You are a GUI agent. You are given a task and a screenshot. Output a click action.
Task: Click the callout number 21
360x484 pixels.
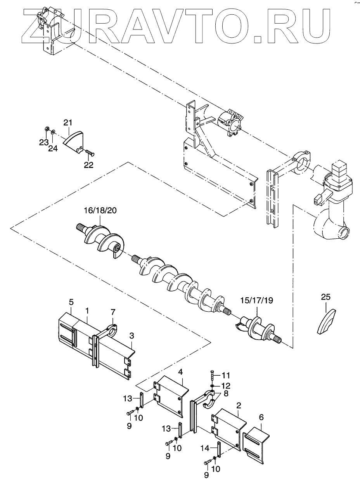67,123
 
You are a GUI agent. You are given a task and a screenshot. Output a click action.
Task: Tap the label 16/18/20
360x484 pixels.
100,211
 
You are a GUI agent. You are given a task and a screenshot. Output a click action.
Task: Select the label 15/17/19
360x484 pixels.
257,301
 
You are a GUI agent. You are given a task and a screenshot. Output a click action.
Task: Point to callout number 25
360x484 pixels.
326,297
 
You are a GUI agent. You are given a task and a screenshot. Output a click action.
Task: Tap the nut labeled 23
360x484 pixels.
47,129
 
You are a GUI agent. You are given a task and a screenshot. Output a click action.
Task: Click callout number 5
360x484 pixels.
71,302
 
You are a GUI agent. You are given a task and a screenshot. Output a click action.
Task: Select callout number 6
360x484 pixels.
261,417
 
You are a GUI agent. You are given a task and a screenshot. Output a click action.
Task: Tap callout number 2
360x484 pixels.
239,406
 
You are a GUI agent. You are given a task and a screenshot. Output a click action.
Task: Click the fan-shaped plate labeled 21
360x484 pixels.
72,141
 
